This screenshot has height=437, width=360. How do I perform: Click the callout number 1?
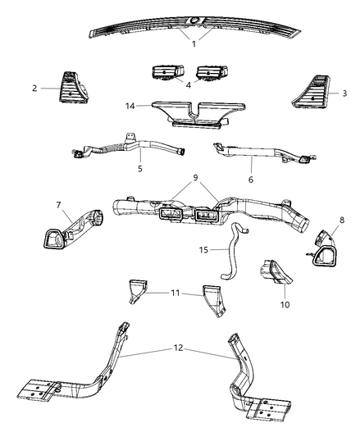pos(194,43)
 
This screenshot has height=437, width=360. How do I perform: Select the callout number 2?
pos(34,89)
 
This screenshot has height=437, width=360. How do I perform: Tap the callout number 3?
pos(344,93)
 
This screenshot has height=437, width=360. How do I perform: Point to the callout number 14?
pos(130,107)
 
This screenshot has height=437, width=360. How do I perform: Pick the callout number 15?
pos(203,250)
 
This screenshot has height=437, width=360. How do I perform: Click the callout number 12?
pos(179,348)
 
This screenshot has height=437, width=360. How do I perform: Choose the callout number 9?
pos(195,178)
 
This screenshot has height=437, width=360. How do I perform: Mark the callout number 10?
pos(285,305)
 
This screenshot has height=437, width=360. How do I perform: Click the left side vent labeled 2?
pos(73,88)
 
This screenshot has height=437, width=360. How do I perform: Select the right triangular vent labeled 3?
pos(311,92)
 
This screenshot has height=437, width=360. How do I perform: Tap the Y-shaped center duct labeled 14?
pos(198,114)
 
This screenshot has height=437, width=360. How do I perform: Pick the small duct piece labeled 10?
pos(275,271)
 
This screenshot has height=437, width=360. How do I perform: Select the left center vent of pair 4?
pos(168,73)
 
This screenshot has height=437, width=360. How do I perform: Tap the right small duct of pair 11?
pos(216,301)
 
